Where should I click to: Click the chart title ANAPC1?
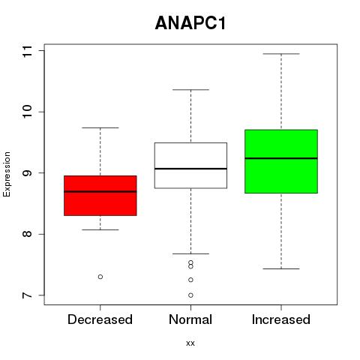(x=190, y=23)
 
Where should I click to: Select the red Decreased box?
(x=100, y=196)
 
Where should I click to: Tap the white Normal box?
(x=190, y=165)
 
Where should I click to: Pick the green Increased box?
(x=281, y=161)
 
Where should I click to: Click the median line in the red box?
(x=100, y=191)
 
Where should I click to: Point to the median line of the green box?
(x=281, y=158)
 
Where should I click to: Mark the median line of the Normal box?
(x=190, y=169)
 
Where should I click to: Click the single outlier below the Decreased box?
(x=100, y=277)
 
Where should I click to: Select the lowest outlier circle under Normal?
(x=190, y=295)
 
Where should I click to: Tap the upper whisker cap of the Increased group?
(x=281, y=54)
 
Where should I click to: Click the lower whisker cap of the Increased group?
(x=281, y=268)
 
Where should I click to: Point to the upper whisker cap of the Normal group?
(x=190, y=89)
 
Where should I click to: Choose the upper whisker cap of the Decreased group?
(x=100, y=127)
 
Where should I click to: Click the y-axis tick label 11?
(x=27, y=51)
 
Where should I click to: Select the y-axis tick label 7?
(x=27, y=295)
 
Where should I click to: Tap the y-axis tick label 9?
(x=27, y=173)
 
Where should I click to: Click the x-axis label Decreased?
(x=100, y=319)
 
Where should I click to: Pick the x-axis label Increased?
(x=281, y=319)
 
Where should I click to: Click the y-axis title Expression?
(x=7, y=174)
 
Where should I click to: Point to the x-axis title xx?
(x=190, y=343)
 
